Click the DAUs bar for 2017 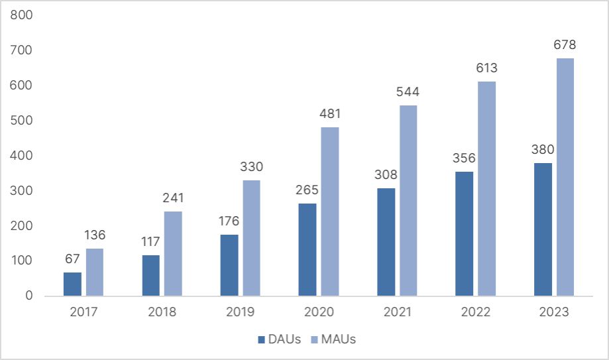tap(72, 284)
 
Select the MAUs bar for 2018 tap(173, 253)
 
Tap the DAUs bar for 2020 tap(307, 249)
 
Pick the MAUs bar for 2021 tap(408, 200)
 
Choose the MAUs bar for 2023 tap(565, 176)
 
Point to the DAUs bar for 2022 tap(465, 233)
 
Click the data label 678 tap(565, 45)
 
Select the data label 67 tap(72, 259)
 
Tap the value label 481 tap(329, 114)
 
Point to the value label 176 tap(229, 221)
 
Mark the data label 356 tap(465, 158)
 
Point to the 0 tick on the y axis tap(28, 296)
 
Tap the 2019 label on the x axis tap(240, 312)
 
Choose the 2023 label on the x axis tap(554, 312)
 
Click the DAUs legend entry tap(280, 339)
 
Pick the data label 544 tap(408, 91)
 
